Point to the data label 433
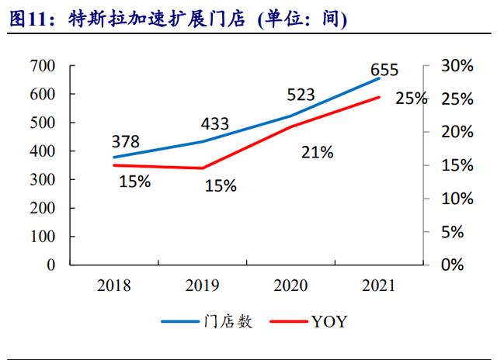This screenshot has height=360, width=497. pyautogui.click(x=215, y=123)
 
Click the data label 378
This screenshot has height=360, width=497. pyautogui.click(x=125, y=141)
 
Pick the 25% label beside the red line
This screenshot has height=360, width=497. pyautogui.click(x=411, y=99)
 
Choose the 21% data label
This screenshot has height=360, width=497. pyautogui.click(x=317, y=153)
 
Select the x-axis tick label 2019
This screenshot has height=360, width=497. pyautogui.click(x=202, y=286)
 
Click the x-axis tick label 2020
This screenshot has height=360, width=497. pyautogui.click(x=290, y=286)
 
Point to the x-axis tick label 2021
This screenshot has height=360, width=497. pyautogui.click(x=379, y=286)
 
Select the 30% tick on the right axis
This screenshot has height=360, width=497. pyautogui.click(x=457, y=67)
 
